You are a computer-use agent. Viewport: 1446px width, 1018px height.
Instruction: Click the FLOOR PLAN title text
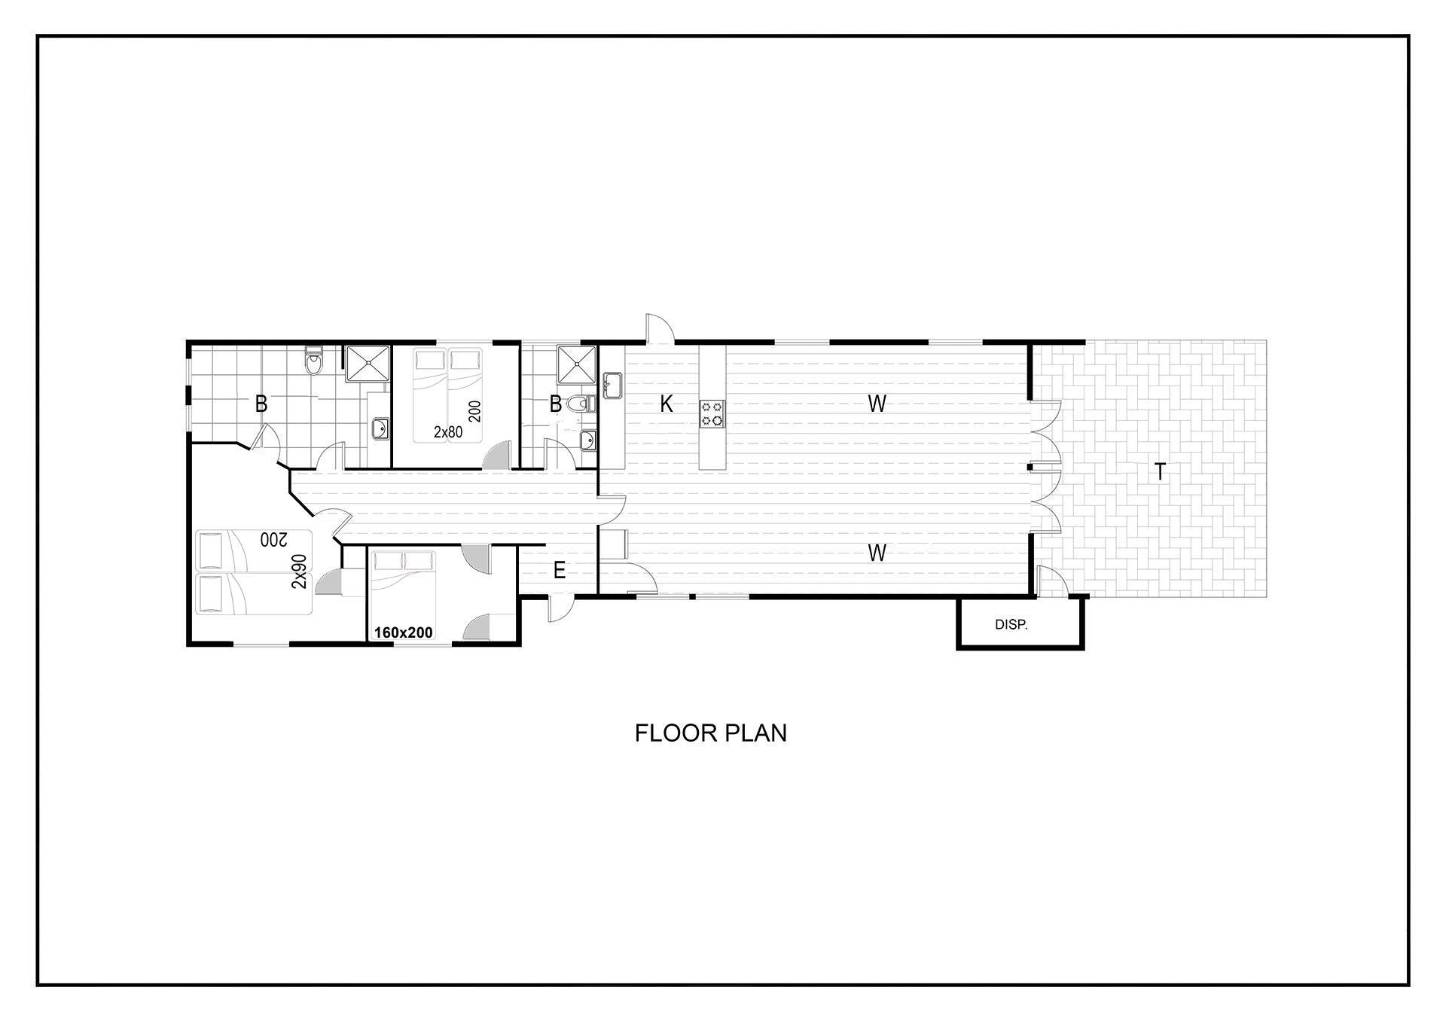[x=710, y=733]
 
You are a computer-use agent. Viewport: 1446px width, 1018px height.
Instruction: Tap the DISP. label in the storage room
[x=1011, y=625]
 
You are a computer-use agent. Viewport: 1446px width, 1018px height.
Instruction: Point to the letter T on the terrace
[x=1161, y=472]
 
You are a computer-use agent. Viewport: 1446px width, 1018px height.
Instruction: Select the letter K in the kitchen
[x=666, y=404]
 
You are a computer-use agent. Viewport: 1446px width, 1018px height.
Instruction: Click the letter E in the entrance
[x=560, y=571]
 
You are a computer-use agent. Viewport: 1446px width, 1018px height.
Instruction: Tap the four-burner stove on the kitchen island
[x=712, y=413]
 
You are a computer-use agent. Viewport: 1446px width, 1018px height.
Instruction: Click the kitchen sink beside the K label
[x=612, y=385]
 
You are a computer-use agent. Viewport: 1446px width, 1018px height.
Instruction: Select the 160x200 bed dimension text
[x=404, y=632]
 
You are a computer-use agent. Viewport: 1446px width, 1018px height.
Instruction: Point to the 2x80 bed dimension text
[x=448, y=432]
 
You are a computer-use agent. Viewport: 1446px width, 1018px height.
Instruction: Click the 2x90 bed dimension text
[x=300, y=571]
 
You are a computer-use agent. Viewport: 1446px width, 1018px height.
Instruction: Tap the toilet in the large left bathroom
[x=314, y=361]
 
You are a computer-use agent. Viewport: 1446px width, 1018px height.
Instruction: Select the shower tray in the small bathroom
[x=577, y=364]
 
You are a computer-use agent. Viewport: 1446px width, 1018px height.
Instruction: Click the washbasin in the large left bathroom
[x=380, y=428]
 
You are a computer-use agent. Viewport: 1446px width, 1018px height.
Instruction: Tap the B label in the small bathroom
[x=555, y=404]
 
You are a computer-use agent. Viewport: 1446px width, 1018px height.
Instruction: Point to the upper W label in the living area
[x=877, y=404]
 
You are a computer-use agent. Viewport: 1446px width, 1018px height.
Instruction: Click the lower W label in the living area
[x=877, y=553]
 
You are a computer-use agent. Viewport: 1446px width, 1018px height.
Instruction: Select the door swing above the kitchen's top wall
[x=660, y=328]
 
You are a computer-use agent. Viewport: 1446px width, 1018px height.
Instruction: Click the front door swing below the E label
[x=560, y=608]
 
